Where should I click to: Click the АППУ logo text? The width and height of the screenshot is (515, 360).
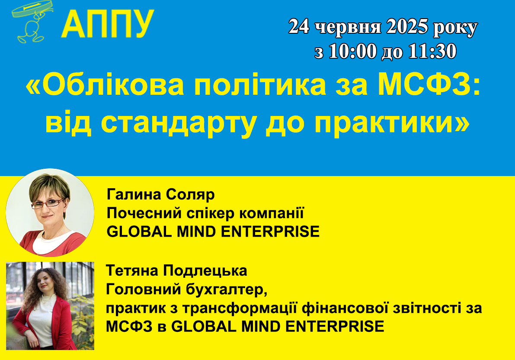107,23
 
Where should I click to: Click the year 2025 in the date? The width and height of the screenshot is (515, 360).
407,26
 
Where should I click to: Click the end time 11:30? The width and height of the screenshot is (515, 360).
432,51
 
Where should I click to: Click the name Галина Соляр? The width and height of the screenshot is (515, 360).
160,195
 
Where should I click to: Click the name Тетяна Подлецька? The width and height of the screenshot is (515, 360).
177,271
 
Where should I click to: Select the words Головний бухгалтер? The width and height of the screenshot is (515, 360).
186,289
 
